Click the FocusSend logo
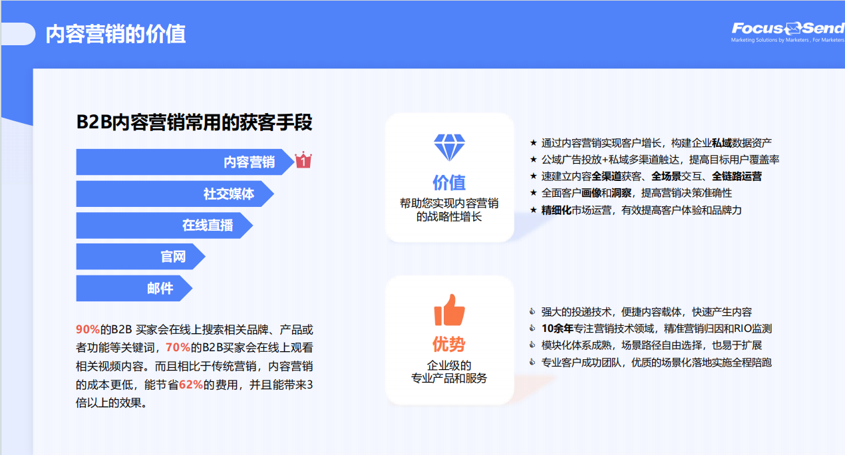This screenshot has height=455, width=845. (788, 32)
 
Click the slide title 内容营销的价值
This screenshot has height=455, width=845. (115, 34)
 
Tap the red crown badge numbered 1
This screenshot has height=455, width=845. (303, 160)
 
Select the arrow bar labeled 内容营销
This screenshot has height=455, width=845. (185, 162)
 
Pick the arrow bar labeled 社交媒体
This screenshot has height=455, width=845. (175, 194)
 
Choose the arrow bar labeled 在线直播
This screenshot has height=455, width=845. (164, 226)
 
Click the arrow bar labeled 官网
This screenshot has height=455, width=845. (140, 257)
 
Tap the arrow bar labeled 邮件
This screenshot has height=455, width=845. (134, 288)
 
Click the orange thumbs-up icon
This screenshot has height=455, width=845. (449, 310)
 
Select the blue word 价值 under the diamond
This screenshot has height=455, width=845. (449, 183)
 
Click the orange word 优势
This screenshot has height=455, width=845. (449, 344)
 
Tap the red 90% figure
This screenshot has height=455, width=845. (88, 329)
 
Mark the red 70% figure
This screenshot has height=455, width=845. (178, 347)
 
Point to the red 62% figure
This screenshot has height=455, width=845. (191, 384)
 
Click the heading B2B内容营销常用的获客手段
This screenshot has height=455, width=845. (194, 122)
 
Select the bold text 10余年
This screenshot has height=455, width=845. (557, 329)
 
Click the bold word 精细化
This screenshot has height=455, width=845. (556, 210)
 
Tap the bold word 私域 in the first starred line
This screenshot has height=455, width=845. (722, 143)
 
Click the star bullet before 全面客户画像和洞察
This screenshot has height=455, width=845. (534, 193)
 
